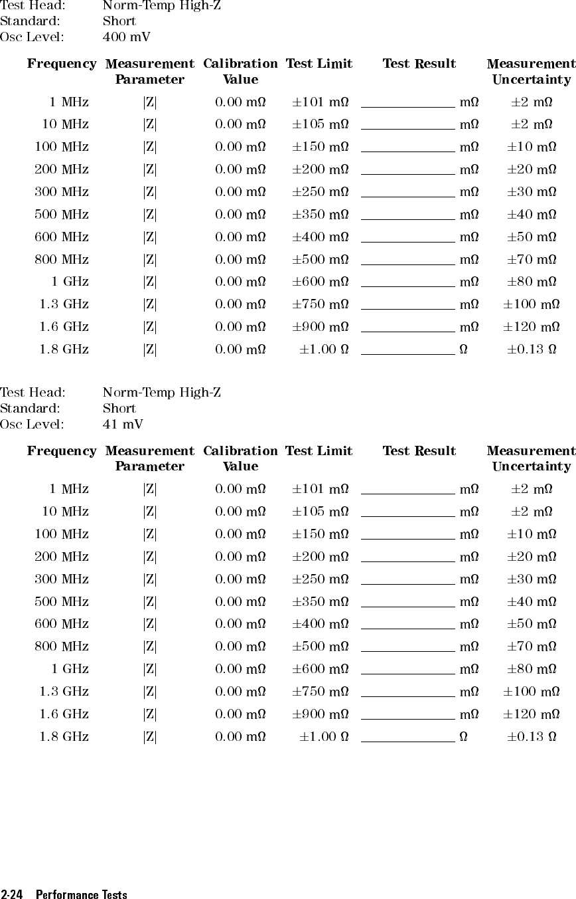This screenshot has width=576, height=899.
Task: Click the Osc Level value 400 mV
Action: pos(126,37)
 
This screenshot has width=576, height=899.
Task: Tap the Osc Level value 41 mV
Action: pos(123,424)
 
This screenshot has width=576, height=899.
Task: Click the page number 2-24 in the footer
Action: pos(13,894)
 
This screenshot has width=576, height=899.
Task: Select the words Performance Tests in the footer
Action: pos(82,894)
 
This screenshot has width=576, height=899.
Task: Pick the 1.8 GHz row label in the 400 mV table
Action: pos(64,350)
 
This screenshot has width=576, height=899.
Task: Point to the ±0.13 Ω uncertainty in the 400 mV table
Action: pos(532,350)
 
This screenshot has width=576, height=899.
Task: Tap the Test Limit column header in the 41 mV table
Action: pos(319,451)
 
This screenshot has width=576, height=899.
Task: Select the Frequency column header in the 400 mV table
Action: pos(61,64)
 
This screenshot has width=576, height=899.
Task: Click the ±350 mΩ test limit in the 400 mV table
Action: pos(321,215)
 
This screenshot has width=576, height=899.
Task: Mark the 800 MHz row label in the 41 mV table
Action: pos(62,647)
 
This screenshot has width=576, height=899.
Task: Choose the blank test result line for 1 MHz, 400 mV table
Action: pos(407,106)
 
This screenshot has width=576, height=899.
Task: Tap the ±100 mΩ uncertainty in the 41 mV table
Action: pos(531,692)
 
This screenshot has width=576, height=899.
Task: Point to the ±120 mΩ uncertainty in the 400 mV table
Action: pos(531,327)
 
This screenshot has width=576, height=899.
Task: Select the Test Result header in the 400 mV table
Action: pos(419,64)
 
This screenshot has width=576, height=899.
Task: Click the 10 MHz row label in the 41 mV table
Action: pos(66,512)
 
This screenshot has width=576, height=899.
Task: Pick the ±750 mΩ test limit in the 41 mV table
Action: pos(321,692)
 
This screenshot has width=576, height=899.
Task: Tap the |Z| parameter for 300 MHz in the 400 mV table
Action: pos(150,192)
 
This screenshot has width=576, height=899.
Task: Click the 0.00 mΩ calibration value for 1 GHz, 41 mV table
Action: pos(240,669)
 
